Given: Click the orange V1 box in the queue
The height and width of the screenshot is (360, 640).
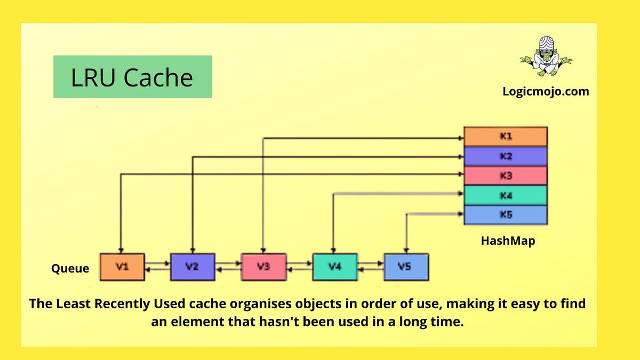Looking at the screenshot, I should click(x=122, y=267).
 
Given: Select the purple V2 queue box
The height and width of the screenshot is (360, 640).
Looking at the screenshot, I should click(x=193, y=267).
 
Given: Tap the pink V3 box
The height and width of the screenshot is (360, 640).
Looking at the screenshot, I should click(x=263, y=267).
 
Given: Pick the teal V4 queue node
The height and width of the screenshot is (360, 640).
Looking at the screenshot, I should click(x=334, y=267).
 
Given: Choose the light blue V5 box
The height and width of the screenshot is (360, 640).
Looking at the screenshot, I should click(x=405, y=267).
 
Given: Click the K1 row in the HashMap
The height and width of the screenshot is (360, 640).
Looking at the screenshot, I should click(x=506, y=137).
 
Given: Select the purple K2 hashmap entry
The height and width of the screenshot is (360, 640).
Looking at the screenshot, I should click(x=506, y=156).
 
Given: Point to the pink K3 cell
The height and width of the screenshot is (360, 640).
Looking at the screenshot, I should click(x=506, y=176).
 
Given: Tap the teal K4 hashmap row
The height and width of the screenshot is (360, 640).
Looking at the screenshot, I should click(x=506, y=195).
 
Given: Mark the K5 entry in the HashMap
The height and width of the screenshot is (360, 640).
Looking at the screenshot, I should click(x=506, y=214).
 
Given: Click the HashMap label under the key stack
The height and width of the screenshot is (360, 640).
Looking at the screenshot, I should click(x=508, y=241).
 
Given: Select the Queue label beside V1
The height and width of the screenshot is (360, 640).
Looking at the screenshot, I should click(x=70, y=269).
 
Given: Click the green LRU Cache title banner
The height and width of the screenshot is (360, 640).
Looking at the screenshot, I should click(x=132, y=77).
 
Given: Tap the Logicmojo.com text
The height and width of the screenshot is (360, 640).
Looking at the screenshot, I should click(x=546, y=91).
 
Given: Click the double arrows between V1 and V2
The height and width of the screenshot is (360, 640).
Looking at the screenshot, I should click(x=157, y=267).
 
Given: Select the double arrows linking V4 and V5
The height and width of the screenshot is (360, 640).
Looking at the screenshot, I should click(x=370, y=267).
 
